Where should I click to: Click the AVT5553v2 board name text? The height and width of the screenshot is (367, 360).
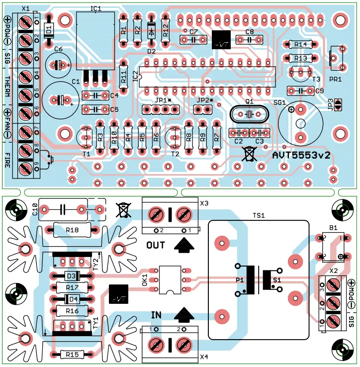click(x=302, y=156)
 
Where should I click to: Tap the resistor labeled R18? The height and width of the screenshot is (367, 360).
click(x=72, y=230)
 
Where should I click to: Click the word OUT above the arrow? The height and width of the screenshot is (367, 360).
click(x=156, y=245)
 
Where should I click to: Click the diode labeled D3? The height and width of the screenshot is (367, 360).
click(x=72, y=276)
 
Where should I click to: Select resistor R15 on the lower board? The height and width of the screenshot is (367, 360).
click(x=72, y=355)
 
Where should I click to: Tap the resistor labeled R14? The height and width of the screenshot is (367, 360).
click(x=300, y=45)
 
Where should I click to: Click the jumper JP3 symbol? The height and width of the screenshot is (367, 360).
click(x=338, y=104)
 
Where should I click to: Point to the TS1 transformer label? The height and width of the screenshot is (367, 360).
click(x=259, y=216)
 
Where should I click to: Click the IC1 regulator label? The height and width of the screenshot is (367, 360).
click(x=96, y=8)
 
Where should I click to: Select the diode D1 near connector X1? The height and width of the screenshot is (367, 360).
click(x=48, y=30)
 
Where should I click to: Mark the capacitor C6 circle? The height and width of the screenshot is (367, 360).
click(x=58, y=65)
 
